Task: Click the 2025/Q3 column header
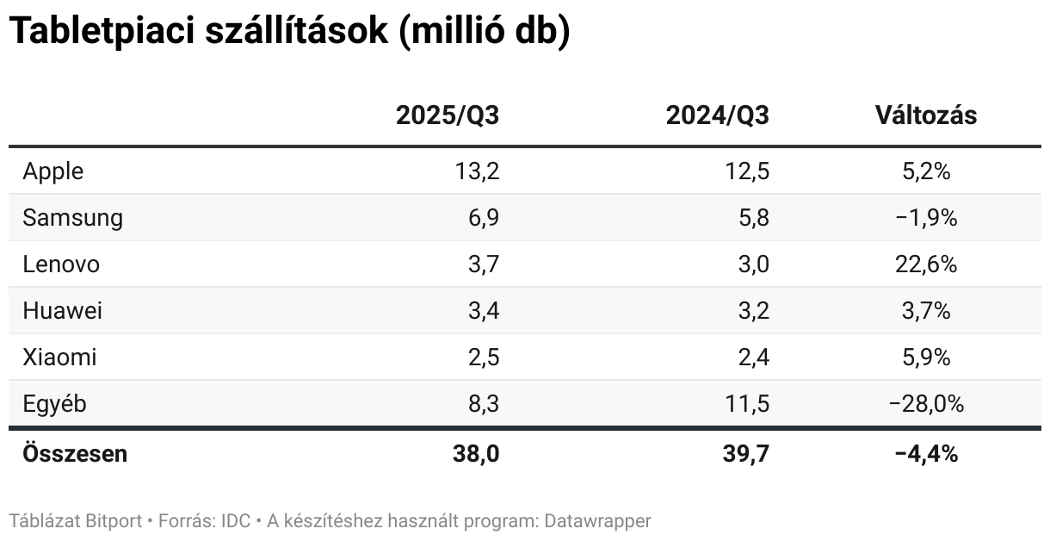click(447, 116)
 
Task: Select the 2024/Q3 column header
click(717, 116)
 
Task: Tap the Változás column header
click(926, 116)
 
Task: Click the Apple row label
click(53, 171)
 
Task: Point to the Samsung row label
click(73, 218)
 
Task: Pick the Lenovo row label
click(61, 264)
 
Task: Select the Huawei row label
click(63, 311)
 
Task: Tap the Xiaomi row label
click(60, 358)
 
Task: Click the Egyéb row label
click(55, 404)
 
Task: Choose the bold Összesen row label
click(76, 454)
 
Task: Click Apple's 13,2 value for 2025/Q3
click(477, 171)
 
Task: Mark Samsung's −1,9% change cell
click(926, 218)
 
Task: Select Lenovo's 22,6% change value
click(926, 264)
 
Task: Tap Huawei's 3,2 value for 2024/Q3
click(752, 311)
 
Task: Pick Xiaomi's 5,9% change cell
click(926, 358)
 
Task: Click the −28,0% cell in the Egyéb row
click(926, 404)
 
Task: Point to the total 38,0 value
click(476, 454)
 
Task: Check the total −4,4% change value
click(926, 454)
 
